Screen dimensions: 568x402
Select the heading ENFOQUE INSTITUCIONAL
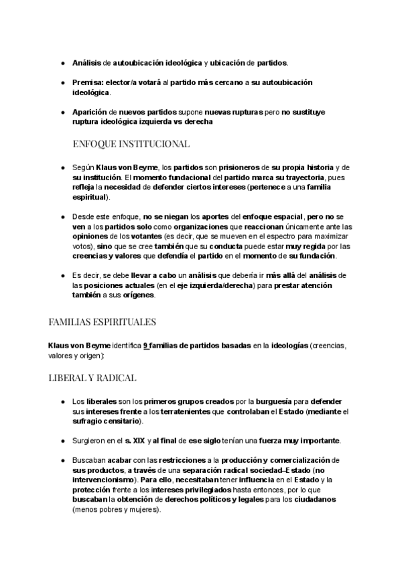point(131,143)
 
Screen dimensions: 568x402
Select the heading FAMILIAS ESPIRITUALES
point(102,322)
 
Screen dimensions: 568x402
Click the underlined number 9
point(145,345)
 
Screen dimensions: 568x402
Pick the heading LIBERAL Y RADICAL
point(92,378)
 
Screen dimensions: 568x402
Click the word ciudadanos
point(312,499)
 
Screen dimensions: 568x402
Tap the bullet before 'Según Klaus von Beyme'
point(62,167)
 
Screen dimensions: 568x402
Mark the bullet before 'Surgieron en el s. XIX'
point(62,441)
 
